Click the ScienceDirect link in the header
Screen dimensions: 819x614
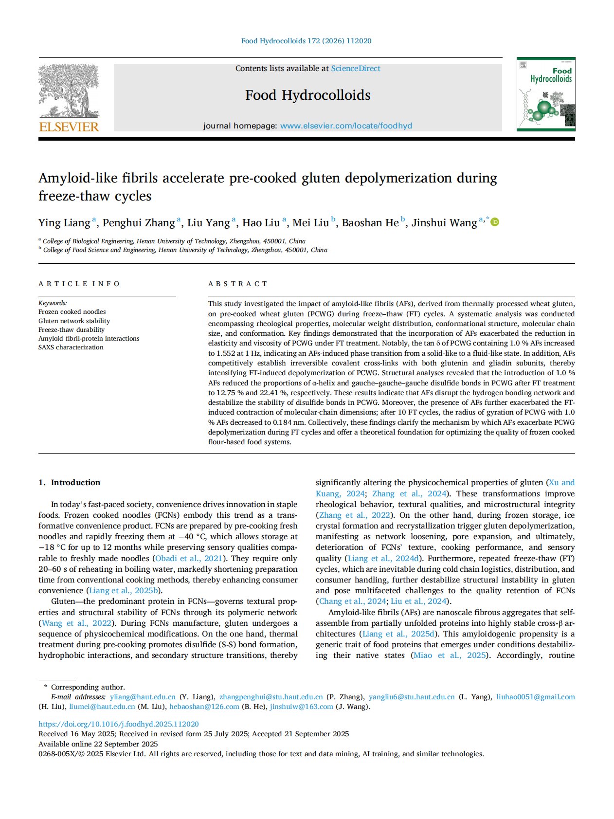(356, 69)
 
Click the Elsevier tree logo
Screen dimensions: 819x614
(69, 98)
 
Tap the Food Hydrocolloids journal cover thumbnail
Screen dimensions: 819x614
(546, 94)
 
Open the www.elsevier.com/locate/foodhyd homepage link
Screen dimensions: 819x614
(346, 126)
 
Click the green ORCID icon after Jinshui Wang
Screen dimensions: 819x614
(495, 222)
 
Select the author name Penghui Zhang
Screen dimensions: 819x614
(138, 223)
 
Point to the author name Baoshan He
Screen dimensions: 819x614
(370, 223)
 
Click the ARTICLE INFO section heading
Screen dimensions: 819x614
(79, 284)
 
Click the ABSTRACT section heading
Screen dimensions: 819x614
(238, 284)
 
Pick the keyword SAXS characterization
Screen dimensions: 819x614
(71, 347)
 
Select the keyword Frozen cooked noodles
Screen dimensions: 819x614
(72, 312)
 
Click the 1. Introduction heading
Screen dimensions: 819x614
(70, 482)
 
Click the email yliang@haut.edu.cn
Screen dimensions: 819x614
(143, 697)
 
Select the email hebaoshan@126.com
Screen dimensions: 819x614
(204, 707)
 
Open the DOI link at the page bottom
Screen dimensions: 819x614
(119, 724)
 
